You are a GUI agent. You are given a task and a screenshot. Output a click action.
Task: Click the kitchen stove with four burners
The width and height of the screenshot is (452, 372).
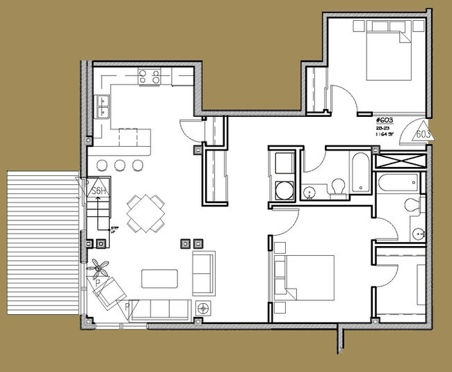point(150,75)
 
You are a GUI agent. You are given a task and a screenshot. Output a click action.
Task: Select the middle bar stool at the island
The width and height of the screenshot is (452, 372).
point(120,165)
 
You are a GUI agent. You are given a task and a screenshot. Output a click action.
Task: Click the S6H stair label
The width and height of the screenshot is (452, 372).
point(99,191)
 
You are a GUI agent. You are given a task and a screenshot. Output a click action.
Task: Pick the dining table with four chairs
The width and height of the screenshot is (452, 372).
point(145,213)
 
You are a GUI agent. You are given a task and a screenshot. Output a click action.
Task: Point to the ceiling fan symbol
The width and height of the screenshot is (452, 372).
point(101,266)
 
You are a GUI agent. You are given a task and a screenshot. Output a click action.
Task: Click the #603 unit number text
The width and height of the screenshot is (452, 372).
point(384,120)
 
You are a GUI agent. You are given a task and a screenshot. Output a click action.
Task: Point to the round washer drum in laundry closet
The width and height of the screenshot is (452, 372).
point(284,189)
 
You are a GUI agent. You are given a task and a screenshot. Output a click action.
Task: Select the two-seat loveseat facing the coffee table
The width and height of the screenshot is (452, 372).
point(202,273)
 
